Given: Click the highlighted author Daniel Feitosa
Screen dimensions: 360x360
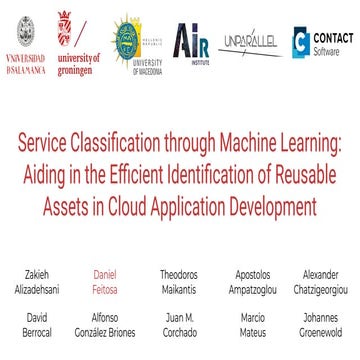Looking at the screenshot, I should [x=106, y=281].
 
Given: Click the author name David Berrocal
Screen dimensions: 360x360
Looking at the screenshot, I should [x=37, y=324].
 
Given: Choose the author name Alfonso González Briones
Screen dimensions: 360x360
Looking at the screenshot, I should [x=106, y=324].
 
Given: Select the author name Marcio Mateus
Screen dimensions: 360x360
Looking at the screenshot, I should [x=252, y=324].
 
